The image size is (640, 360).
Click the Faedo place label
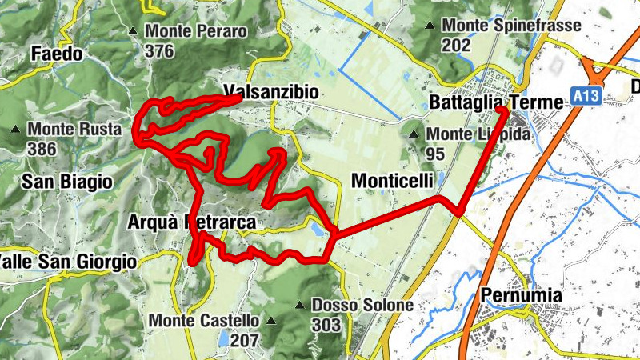tap(56, 54)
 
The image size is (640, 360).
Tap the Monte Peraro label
tap(196, 32)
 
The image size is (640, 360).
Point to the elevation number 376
tap(160, 50)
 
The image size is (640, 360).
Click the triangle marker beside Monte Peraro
tap(133, 32)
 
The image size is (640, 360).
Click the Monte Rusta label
tap(74, 129)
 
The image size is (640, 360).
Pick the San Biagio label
tap(66, 182)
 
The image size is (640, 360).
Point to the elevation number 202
tap(455, 45)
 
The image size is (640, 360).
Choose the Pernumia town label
tap(521, 296)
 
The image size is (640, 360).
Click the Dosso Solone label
tap(362, 306)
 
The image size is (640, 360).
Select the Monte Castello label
tap(204, 321)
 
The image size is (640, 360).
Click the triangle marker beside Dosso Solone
tap(299, 306)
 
